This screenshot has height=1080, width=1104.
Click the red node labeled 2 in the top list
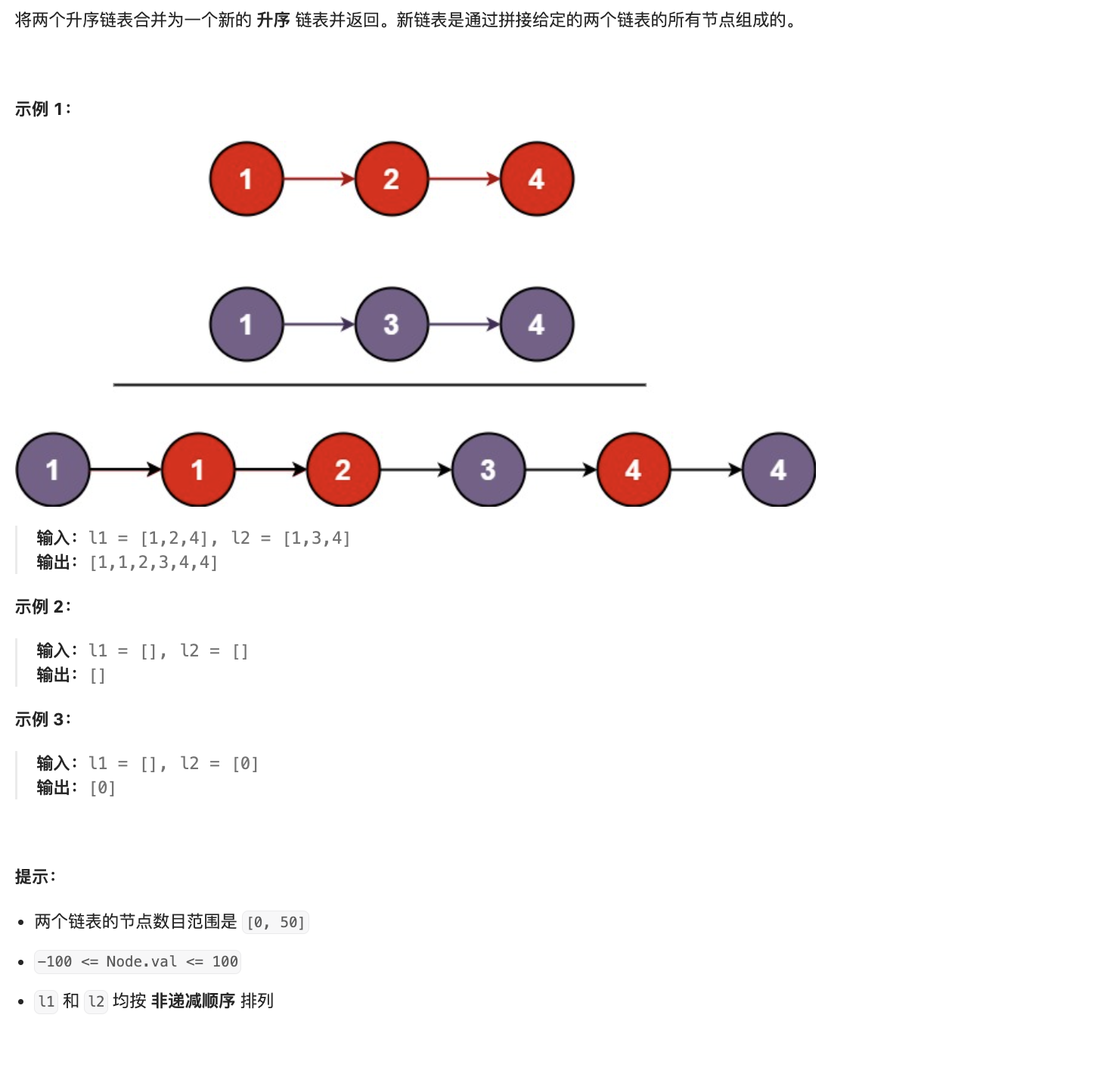coord(392,178)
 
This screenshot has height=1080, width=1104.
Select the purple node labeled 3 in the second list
coord(392,324)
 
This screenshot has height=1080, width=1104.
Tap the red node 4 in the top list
coord(537,178)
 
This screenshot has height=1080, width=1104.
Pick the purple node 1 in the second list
coord(247,324)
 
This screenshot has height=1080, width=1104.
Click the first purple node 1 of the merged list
coord(53,470)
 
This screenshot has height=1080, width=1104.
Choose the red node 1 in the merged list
coord(198,470)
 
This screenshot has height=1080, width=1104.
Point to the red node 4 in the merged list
coord(634,470)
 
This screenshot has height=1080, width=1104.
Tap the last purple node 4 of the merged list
coord(779,470)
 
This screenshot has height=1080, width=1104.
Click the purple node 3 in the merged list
coord(488,470)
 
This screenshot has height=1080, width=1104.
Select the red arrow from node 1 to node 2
coord(319,178)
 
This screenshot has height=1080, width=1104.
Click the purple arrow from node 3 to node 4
coord(464,324)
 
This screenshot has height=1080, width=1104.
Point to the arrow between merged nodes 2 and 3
coord(416,470)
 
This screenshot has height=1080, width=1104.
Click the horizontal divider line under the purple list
coord(380,385)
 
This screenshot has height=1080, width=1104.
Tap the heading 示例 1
coord(42,109)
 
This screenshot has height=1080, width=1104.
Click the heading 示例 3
coord(42,719)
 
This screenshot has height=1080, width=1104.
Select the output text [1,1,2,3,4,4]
coord(154,563)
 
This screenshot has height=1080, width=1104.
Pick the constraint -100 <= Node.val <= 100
coord(138,961)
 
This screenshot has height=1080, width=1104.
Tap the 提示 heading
coord(36,877)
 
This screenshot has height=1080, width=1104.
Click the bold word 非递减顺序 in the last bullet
coord(193,1001)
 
